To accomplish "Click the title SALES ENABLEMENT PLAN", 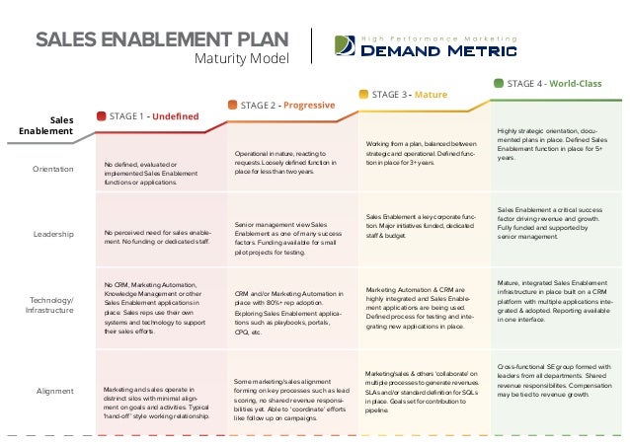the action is click(x=162, y=39).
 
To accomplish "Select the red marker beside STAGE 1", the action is click(x=101, y=116).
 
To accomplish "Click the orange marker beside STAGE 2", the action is click(x=233, y=105).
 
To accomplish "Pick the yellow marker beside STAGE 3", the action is click(x=363, y=94).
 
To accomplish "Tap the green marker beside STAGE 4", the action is click(x=498, y=84).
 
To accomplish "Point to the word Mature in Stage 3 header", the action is click(x=431, y=95).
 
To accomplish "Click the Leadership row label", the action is click(x=55, y=234).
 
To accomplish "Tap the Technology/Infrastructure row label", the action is click(x=52, y=303).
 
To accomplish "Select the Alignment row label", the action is click(x=56, y=391).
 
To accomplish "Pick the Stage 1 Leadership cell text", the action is click(x=157, y=234).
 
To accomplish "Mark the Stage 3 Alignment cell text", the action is click(x=422, y=391).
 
